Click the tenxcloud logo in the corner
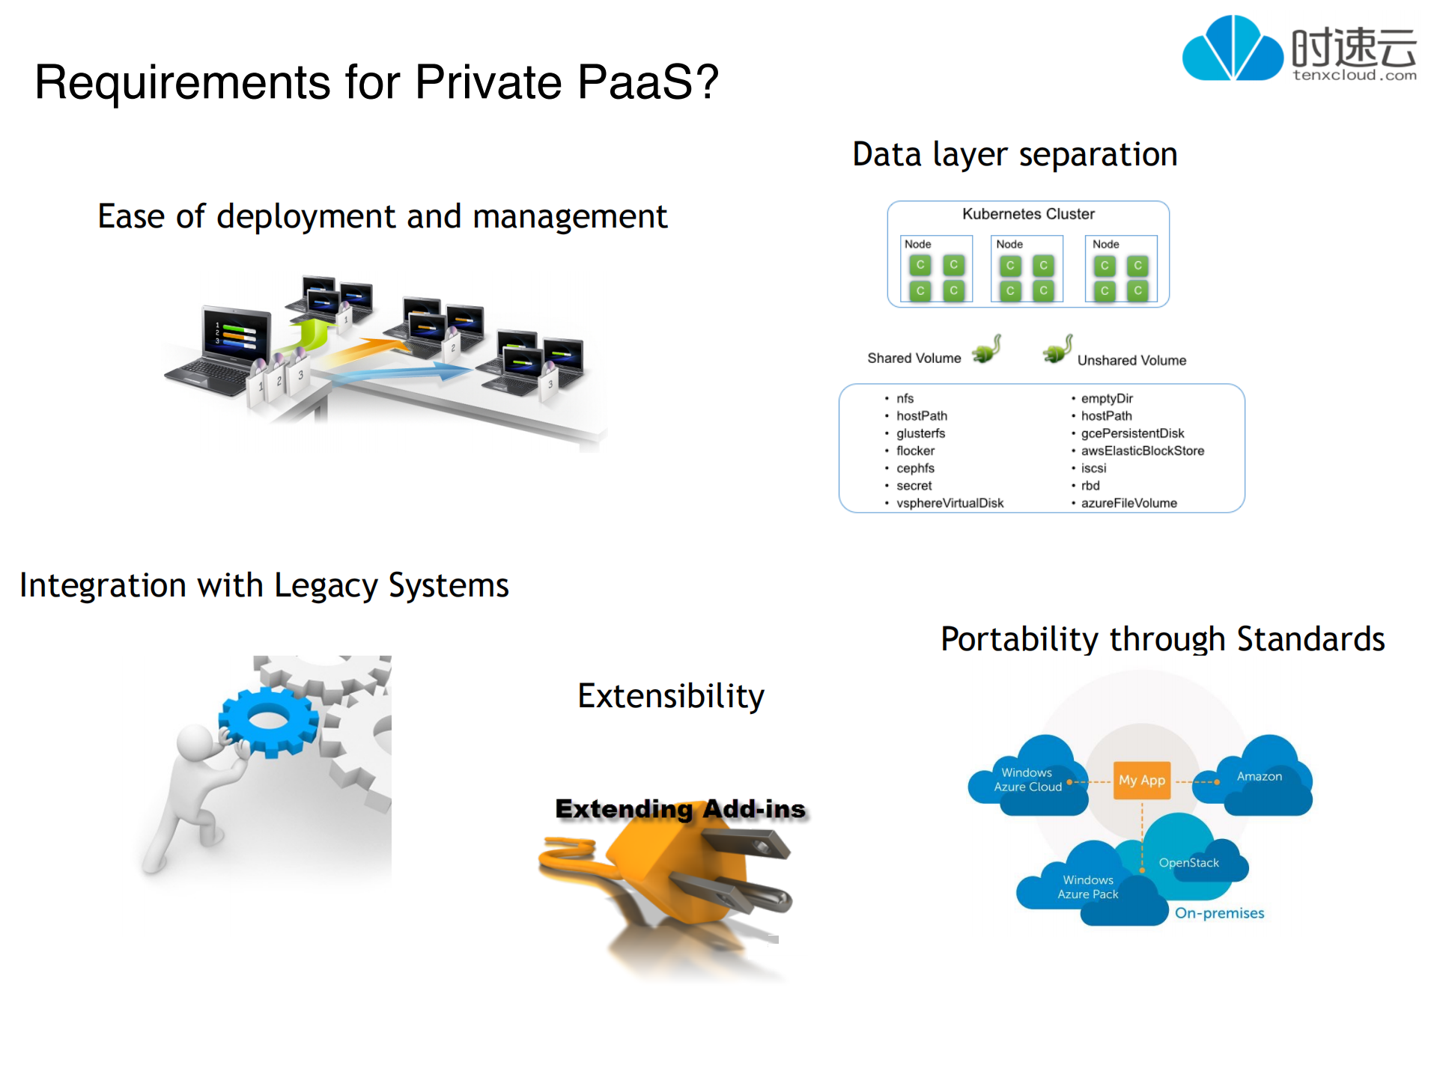[1299, 49]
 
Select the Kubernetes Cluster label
[1027, 214]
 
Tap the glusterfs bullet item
[920, 433]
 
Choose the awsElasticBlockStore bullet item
[1142, 451]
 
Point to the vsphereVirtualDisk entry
[950, 503]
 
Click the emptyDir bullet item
[1106, 398]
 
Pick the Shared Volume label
[914, 359]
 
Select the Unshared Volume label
[1131, 360]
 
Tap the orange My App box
[1141, 780]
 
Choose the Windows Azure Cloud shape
[1027, 779]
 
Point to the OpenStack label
[1188, 863]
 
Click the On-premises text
[1219, 913]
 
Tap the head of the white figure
[196, 742]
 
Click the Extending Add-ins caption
[680, 809]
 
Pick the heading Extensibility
[671, 696]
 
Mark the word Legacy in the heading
[325, 586]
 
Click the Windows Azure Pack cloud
[1088, 888]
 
